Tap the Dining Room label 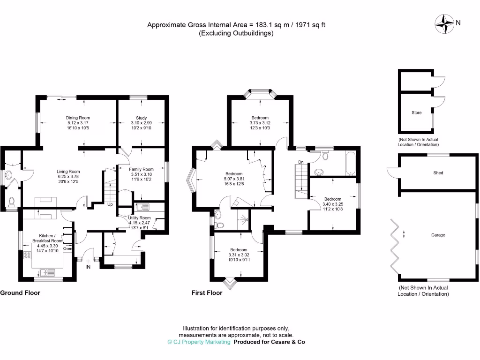[78, 118]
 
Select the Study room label [142, 118]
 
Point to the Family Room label [142, 169]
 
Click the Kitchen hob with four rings [27, 256]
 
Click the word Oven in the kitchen [67, 249]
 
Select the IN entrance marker [88, 267]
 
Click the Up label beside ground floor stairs [110, 205]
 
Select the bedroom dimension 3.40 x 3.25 [333, 204]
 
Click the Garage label [438, 235]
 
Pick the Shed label [438, 173]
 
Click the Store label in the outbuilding [416, 112]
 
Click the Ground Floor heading [20, 293]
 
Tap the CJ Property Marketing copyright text [199, 342]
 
